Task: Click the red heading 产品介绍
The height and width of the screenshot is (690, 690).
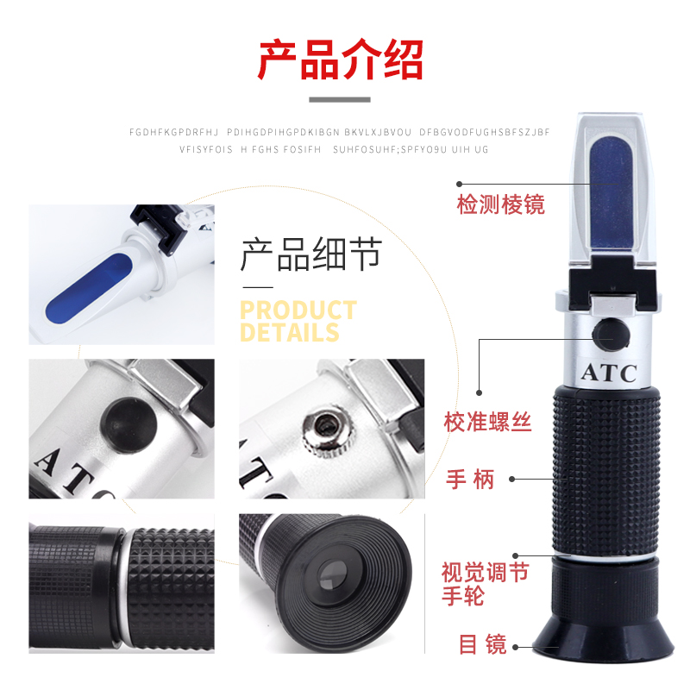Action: point(340,60)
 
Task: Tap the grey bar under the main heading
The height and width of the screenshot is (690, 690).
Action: point(340,100)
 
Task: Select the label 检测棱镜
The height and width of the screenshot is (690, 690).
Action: point(501,204)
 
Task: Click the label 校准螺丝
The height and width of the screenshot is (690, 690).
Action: point(487,422)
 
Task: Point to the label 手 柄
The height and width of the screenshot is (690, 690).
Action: point(470,480)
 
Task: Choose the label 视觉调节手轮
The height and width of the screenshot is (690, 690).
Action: point(485,584)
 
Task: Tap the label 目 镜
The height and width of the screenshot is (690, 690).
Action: point(483,643)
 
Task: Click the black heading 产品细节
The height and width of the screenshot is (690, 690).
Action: point(311,254)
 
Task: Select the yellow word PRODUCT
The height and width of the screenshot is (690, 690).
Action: point(298,310)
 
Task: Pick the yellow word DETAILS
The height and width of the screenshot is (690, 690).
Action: point(290,332)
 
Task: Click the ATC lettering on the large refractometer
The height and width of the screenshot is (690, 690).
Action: point(609,373)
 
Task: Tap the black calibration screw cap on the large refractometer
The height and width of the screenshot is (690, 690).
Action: point(611,335)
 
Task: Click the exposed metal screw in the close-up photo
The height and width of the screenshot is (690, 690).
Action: point(328,433)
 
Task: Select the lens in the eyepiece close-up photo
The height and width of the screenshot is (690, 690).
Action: point(332,576)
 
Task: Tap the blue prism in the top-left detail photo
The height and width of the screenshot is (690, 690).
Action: point(90,287)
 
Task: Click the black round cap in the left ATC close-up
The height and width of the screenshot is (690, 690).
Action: point(129,425)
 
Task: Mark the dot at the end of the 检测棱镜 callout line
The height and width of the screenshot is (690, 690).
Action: point(460,184)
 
